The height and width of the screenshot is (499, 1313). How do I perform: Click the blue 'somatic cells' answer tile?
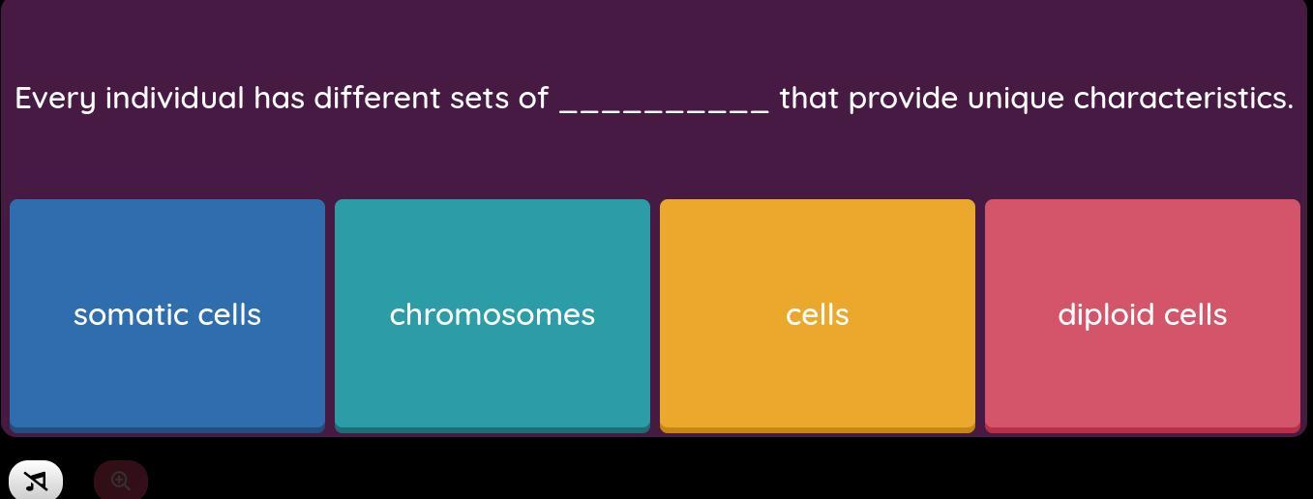pyautogui.click(x=167, y=315)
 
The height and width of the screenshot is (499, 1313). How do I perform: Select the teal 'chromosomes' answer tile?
pyautogui.click(x=492, y=315)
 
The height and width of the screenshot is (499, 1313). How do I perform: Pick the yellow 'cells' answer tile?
pyautogui.click(x=818, y=315)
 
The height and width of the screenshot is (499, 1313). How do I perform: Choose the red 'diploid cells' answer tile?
pyautogui.click(x=1143, y=315)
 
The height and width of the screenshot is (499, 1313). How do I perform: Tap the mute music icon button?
pyautogui.click(x=36, y=481)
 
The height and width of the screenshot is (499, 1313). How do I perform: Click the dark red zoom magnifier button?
pyautogui.click(x=121, y=481)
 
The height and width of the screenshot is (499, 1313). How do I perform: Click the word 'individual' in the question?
pyautogui.click(x=175, y=98)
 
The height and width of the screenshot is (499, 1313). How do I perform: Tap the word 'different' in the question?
pyautogui.click(x=377, y=98)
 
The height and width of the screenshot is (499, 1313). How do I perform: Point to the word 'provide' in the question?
pyautogui.click(x=904, y=99)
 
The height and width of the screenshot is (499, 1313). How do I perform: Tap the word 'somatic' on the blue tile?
pyautogui.click(x=131, y=315)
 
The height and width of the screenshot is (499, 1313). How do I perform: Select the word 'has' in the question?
pyautogui.click(x=279, y=98)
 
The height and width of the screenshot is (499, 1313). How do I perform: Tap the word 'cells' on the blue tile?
pyautogui.click(x=229, y=314)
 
